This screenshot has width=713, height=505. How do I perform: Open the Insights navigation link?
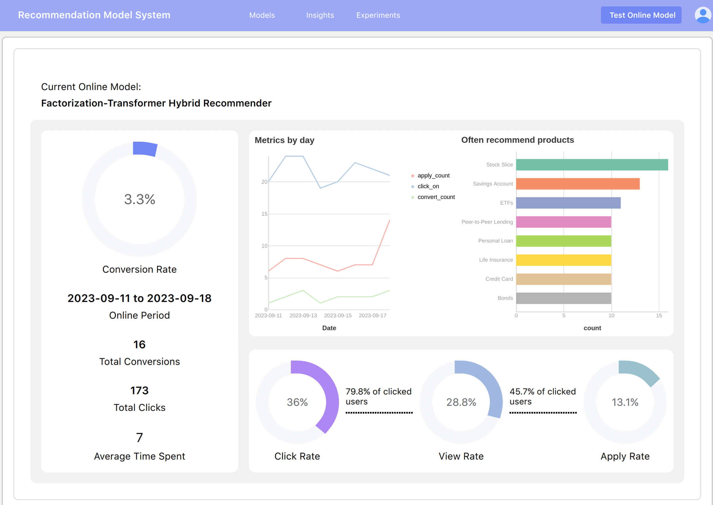pyautogui.click(x=320, y=15)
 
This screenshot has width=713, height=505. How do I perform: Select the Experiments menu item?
pyautogui.click(x=378, y=15)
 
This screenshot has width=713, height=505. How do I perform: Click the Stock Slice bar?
pyautogui.click(x=592, y=165)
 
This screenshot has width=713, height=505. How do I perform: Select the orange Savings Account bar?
pyautogui.click(x=578, y=184)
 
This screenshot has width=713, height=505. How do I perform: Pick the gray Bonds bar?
pyautogui.click(x=564, y=298)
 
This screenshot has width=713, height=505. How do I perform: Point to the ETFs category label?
pyautogui.click(x=506, y=203)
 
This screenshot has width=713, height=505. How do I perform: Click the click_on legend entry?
pyautogui.click(x=428, y=186)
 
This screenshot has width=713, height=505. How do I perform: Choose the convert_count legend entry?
pyautogui.click(x=436, y=197)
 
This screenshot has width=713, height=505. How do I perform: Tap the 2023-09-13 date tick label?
pyautogui.click(x=303, y=315)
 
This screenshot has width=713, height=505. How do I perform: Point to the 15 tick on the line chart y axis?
pyautogui.click(x=264, y=214)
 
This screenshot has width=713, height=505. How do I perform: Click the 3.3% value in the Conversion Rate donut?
pyautogui.click(x=140, y=199)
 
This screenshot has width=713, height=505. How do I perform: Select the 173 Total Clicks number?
pyautogui.click(x=139, y=391)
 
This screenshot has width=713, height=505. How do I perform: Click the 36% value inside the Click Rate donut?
pyautogui.click(x=297, y=403)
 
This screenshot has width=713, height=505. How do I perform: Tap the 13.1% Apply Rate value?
pyautogui.click(x=625, y=403)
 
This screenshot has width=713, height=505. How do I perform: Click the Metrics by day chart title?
pyautogui.click(x=284, y=140)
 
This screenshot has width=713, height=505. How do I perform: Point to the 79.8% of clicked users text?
pyautogui.click(x=378, y=397)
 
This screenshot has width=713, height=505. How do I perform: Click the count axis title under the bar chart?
pyautogui.click(x=592, y=328)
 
